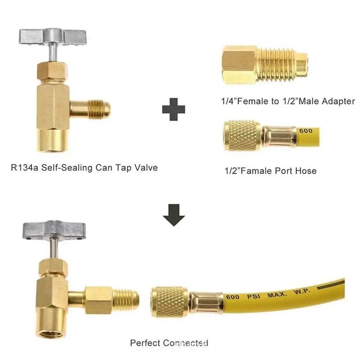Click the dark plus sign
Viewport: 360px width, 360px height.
click(x=174, y=109)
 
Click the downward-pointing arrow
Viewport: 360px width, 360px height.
click(x=174, y=215)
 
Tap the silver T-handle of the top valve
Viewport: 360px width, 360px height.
click(x=53, y=37)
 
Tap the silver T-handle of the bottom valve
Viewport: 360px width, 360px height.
click(x=54, y=230)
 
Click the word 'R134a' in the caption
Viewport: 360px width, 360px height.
click(x=25, y=167)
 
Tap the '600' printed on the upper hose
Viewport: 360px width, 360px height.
click(x=306, y=131)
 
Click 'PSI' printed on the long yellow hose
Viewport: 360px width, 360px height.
click(x=254, y=296)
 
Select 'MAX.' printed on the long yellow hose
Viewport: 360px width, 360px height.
click(x=277, y=294)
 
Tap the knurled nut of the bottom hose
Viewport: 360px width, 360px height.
click(x=170, y=302)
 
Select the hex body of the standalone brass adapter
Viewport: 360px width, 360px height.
click(x=240, y=65)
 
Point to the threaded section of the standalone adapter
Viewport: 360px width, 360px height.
click(x=277, y=65)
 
